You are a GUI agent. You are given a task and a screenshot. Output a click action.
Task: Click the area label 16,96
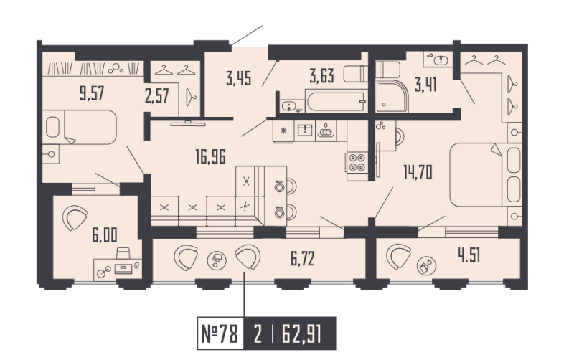coord(210,156)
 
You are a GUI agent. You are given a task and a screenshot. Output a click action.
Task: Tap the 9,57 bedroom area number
coord(92,93)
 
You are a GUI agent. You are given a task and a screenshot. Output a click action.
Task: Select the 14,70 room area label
coord(418,172)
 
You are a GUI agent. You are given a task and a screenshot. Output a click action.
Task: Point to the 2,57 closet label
coord(156,96)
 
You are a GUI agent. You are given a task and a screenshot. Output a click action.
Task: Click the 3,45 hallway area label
coord(239,78)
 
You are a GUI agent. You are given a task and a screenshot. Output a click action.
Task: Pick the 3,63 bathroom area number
coord(321,77)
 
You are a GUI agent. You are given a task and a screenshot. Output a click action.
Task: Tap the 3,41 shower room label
coord(425,85)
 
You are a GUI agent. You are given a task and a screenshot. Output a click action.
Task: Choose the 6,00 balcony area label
coord(105,235)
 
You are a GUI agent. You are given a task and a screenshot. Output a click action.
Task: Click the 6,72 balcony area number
coord(302,259)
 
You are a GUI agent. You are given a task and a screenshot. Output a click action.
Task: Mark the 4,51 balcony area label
coord(469,255)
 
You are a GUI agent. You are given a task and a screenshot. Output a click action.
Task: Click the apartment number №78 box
coord(220,333)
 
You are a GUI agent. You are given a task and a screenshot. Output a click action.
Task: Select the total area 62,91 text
coord(301,333)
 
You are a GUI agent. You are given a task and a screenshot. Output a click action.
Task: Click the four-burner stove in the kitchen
coord(357,163)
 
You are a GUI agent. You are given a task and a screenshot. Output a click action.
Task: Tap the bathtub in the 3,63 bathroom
coord(336,101)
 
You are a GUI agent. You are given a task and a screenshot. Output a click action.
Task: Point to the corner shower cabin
coord(392,96)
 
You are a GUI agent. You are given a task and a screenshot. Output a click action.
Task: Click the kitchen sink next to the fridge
coord(304,131)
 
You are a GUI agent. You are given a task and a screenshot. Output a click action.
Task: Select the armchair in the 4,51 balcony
coord(399,256)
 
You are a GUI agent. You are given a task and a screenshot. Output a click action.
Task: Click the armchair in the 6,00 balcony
coord(75,217)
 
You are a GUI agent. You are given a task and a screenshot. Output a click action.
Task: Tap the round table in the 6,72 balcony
coord(217,260)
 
